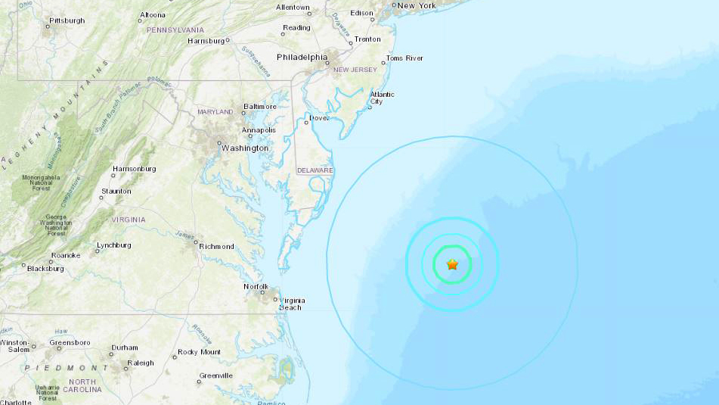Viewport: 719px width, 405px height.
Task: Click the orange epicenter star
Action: (x=452, y=264)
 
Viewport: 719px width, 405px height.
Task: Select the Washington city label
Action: (x=244, y=148)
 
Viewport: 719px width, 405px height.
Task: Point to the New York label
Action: (x=417, y=6)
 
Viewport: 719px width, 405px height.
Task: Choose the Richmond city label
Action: (x=216, y=246)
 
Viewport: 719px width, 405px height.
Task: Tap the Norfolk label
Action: (x=256, y=286)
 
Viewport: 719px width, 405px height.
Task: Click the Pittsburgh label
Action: (x=67, y=20)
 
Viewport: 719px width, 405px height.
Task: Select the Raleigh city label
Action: (x=141, y=363)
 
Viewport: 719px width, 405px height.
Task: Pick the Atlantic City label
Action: (x=382, y=98)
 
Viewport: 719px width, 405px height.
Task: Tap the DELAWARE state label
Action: (x=315, y=170)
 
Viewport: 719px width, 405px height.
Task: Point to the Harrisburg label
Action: (x=206, y=41)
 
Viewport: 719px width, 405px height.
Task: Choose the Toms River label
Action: (x=404, y=58)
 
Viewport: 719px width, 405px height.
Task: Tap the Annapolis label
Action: (x=259, y=130)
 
